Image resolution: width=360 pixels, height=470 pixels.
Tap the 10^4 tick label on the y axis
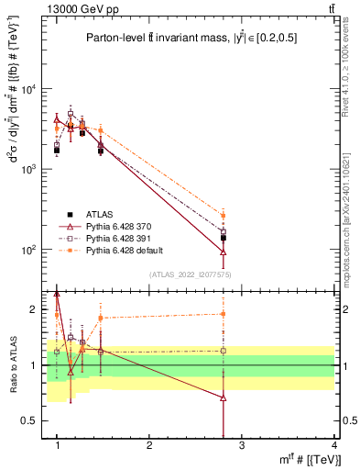click(x=27, y=90)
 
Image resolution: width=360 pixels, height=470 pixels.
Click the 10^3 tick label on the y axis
click(x=27, y=170)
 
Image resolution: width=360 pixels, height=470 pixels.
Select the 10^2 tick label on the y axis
click(x=27, y=250)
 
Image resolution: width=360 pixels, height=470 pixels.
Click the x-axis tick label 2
click(x=149, y=445)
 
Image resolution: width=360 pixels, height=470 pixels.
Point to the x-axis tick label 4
click(x=334, y=445)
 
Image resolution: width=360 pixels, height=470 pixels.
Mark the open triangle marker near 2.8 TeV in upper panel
click(x=224, y=252)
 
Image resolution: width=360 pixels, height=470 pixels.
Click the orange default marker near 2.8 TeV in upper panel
click(x=224, y=216)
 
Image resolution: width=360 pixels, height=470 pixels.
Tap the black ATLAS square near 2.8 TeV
click(x=224, y=238)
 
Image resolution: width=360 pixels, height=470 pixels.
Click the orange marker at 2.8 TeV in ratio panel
click(x=224, y=314)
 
